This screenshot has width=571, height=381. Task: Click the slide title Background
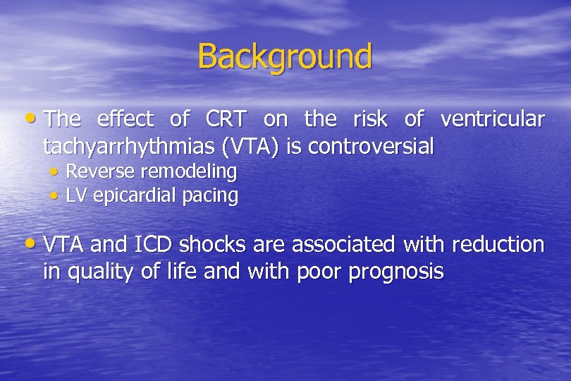point(285,56)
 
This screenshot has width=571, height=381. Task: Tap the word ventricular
point(492,120)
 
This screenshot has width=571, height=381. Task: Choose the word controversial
point(372,147)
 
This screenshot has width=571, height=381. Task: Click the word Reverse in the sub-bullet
point(101,171)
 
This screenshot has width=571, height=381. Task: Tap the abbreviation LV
point(75,195)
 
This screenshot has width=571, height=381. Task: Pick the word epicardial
point(133,195)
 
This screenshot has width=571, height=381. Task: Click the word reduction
point(498,245)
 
